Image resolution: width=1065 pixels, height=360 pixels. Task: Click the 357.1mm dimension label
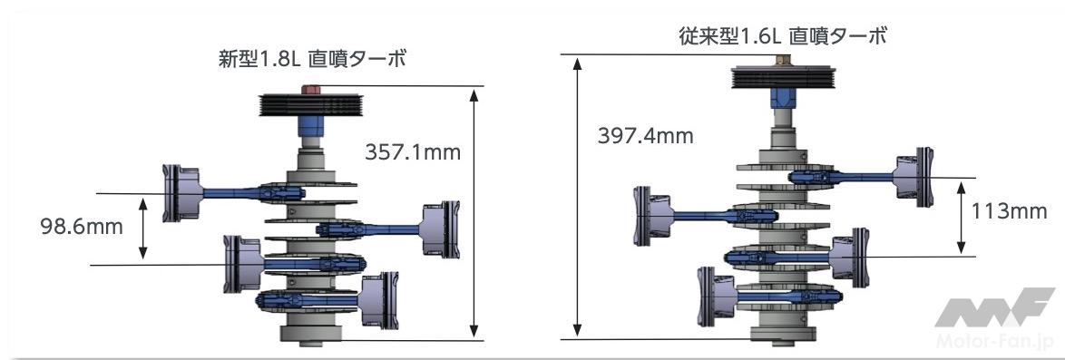tap(412, 151)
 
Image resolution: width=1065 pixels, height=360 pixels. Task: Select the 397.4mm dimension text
tap(645, 136)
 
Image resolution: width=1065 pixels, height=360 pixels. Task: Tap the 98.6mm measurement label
tap(83, 226)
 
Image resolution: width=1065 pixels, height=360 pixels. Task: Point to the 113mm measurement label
tap(1009, 212)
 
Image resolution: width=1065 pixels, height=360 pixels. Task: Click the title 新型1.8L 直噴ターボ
tap(312, 59)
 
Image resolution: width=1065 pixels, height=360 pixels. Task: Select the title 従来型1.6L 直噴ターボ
tap(783, 36)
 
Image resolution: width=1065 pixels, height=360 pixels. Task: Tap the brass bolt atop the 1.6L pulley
tap(781, 59)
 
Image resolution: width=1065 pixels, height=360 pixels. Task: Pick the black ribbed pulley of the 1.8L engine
tap(311, 104)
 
